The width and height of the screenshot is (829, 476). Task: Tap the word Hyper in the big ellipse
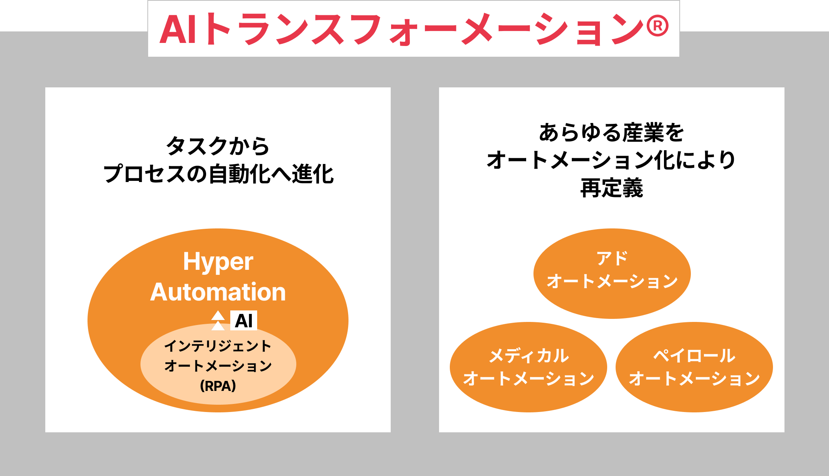point(218,262)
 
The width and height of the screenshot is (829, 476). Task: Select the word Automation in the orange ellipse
point(218,292)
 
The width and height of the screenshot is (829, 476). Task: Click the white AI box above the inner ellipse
point(244,320)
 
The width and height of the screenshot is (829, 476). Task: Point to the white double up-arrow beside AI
point(218,320)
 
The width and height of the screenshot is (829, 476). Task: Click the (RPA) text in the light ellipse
point(218,386)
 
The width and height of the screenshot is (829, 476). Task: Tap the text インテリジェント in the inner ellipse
point(218,346)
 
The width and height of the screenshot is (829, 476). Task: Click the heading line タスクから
point(218,146)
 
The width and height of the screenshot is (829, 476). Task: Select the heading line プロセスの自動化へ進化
point(218,174)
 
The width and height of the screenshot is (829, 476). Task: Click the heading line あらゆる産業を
point(611,133)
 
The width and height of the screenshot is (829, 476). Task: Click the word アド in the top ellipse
point(612,258)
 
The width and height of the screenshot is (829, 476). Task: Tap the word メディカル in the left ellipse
point(528,356)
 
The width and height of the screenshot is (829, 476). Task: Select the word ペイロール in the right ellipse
point(694,356)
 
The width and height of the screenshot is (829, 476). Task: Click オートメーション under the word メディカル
point(528,379)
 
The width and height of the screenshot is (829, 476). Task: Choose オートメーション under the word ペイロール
point(694,379)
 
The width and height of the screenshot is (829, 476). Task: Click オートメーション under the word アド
point(612,281)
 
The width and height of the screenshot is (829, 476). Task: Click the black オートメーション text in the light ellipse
point(218,366)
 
